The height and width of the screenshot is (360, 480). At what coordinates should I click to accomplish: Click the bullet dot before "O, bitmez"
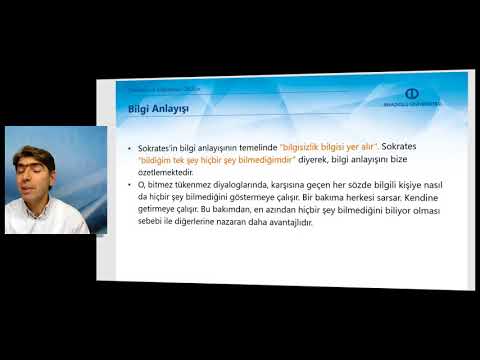pyautogui.click(x=131, y=187)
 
